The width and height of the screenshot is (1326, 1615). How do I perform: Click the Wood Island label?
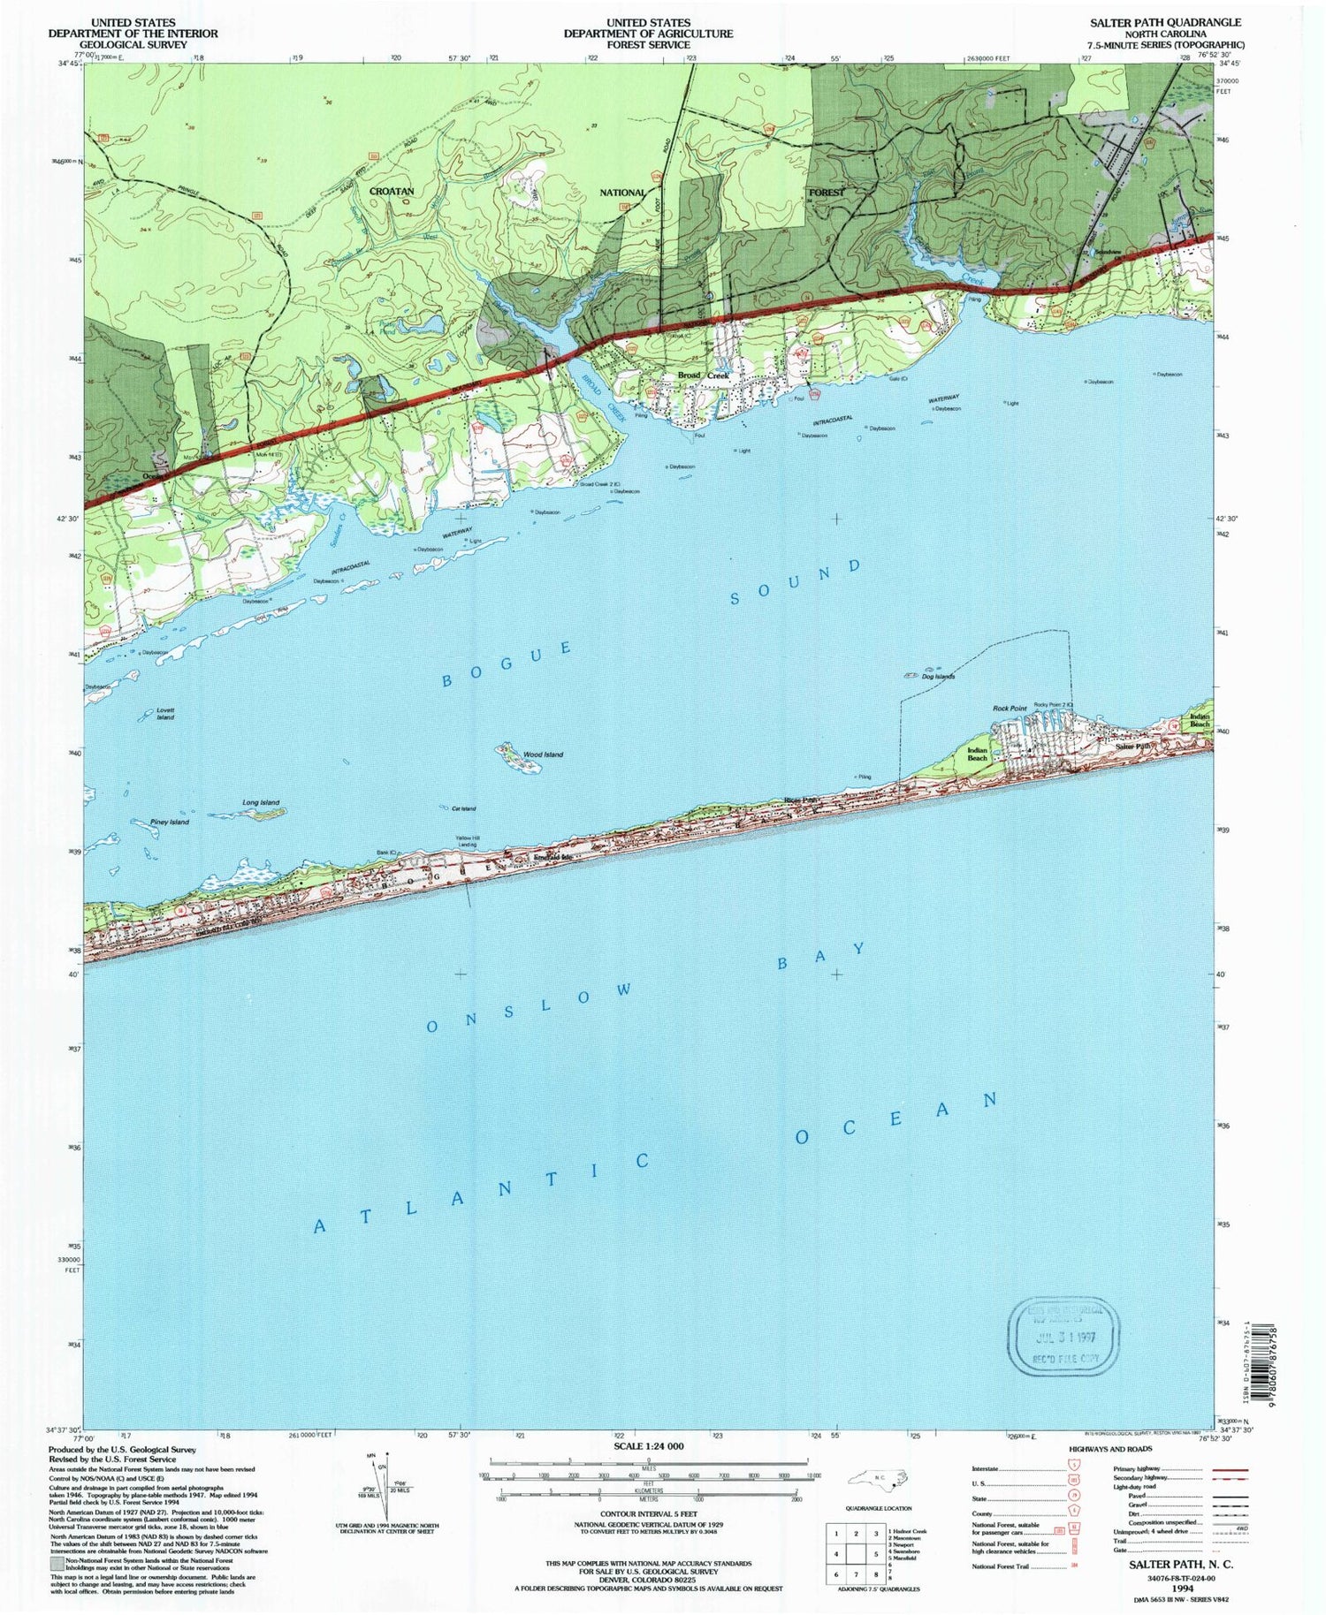point(543,754)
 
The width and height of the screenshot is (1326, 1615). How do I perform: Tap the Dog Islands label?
point(938,677)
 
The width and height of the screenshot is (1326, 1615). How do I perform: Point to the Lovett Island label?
point(165,714)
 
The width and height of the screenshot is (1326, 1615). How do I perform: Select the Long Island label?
point(261,802)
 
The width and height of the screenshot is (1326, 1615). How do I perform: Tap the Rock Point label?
point(1010,709)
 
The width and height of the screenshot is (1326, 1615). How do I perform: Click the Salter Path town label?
point(1134,747)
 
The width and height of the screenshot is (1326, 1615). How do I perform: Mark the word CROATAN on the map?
point(392,191)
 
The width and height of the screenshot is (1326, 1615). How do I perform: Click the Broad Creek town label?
point(703,375)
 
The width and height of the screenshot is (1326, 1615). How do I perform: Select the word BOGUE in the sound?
point(507,664)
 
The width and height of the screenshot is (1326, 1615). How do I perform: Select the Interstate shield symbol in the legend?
point(1072,1470)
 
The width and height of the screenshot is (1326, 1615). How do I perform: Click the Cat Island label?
point(463,808)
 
